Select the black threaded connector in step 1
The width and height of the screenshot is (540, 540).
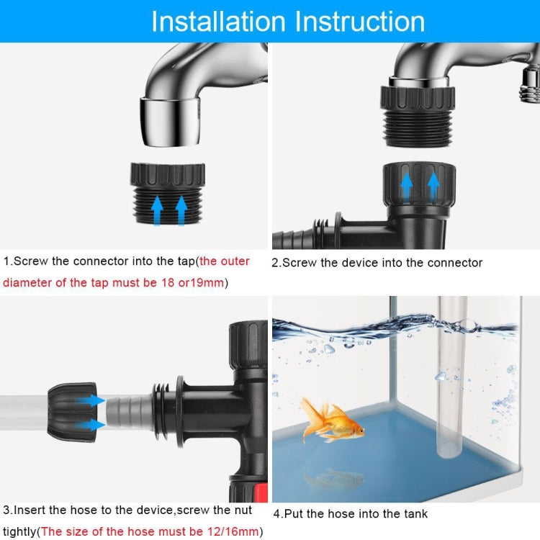(168, 194)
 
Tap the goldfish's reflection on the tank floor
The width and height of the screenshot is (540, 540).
(333, 477)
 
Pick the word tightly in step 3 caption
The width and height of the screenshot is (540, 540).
(19, 532)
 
